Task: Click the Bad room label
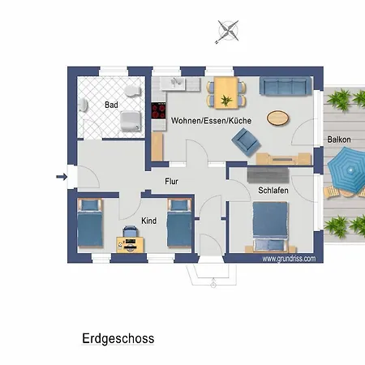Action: [112, 105]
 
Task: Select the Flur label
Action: [171, 182]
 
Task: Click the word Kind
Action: [148, 221]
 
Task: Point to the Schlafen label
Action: [273, 190]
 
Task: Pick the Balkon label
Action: [339, 140]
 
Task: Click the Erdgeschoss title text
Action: [118, 338]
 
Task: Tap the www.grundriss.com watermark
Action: [287, 258]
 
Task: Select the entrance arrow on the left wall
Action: [62, 176]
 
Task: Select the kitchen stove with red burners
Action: [158, 113]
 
